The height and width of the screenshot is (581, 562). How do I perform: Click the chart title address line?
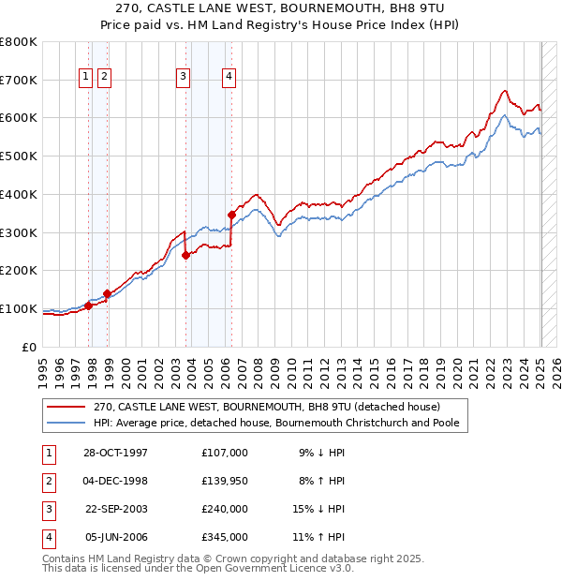[x=280, y=7]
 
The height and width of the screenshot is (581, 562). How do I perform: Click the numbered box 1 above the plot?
[x=85, y=78]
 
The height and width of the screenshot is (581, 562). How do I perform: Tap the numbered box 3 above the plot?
[x=183, y=78]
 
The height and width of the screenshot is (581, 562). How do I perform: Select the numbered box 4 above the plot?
[x=229, y=78]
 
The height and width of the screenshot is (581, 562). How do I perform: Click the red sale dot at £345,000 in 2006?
[x=231, y=215]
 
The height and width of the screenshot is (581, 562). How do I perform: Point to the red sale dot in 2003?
[x=186, y=255]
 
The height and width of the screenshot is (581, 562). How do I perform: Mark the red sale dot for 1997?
[x=89, y=305]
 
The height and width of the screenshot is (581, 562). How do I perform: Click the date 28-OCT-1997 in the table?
[x=115, y=453]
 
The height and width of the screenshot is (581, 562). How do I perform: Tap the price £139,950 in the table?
[x=225, y=481]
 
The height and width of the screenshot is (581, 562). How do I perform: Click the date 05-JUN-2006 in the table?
[x=115, y=538]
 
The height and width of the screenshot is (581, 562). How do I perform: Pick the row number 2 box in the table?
[x=48, y=481]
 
